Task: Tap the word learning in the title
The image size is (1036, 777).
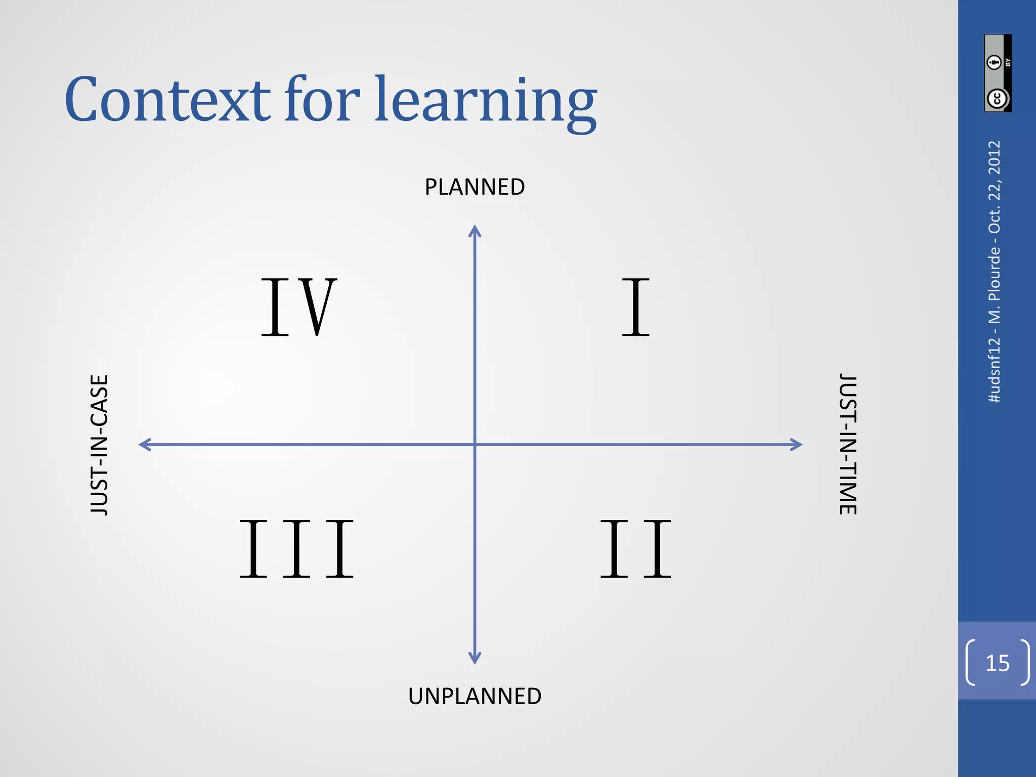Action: pyautogui.click(x=486, y=101)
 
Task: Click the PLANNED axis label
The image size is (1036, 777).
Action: pyautogui.click(x=474, y=187)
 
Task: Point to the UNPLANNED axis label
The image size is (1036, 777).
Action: pyautogui.click(x=474, y=696)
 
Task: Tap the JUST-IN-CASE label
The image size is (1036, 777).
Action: pyautogui.click(x=100, y=445)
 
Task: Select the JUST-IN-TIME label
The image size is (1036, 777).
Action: pyautogui.click(x=848, y=444)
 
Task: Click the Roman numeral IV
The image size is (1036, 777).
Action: pyautogui.click(x=298, y=307)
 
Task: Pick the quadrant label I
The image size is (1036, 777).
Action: pyautogui.click(x=635, y=307)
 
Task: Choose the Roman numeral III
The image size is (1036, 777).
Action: pyautogui.click(x=297, y=548)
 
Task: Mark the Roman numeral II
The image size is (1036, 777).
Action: pyautogui.click(x=635, y=548)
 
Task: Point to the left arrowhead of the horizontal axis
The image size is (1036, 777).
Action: pyautogui.click(x=145, y=445)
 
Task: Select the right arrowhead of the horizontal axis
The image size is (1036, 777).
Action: pyautogui.click(x=796, y=445)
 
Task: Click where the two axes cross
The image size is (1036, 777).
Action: pyautogui.click(x=474, y=445)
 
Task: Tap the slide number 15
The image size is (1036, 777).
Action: pyautogui.click(x=998, y=663)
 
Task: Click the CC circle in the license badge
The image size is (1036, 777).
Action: pyautogui.click(x=997, y=99)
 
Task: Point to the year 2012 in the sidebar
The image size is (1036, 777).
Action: pyautogui.click(x=995, y=157)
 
